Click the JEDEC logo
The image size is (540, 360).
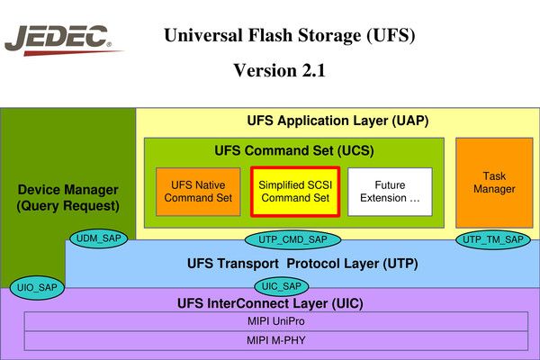coord(58,40)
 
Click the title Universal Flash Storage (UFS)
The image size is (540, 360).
coord(289,37)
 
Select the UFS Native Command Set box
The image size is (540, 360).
coord(198,191)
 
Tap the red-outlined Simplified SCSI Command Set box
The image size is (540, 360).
coord(294,191)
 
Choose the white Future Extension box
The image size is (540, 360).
coord(390,191)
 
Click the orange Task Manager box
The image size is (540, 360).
coord(493,183)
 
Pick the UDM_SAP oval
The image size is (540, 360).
coord(99,238)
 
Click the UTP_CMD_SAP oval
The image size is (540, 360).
coord(292,238)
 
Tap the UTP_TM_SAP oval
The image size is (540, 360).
coord(491,238)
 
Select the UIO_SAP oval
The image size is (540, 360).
coord(37,287)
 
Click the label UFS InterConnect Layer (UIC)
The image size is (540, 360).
coord(270,303)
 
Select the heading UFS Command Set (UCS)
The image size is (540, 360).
coord(293,149)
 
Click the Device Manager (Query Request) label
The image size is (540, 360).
coord(67,198)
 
